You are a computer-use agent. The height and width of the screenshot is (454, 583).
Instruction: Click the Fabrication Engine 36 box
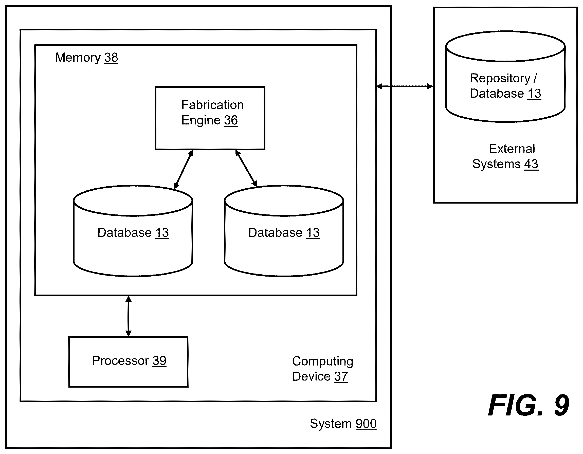[x=210, y=118]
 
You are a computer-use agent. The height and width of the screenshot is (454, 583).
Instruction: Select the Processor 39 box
[x=129, y=362]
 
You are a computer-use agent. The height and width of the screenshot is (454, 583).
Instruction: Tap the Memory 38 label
[x=86, y=58]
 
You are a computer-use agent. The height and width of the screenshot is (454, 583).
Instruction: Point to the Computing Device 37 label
[x=322, y=369]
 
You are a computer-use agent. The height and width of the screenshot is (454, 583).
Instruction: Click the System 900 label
[x=343, y=424]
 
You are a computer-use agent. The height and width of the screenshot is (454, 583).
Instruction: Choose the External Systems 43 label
[x=505, y=156]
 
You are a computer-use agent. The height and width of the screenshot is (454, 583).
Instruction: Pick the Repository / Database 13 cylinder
[x=505, y=77]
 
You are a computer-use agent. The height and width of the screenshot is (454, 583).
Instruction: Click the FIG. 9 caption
[x=528, y=405]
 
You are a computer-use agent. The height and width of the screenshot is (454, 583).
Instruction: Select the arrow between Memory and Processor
[x=129, y=316]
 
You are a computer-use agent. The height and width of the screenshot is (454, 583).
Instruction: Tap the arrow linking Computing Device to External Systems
[x=405, y=86]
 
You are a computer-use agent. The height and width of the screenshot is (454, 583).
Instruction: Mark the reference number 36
[x=231, y=120]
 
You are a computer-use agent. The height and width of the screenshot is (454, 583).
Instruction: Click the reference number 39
[x=159, y=361]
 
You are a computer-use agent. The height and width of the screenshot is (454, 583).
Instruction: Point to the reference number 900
[x=366, y=424]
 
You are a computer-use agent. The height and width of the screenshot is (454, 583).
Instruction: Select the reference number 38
[x=111, y=58]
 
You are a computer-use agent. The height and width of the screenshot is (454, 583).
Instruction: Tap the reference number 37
[x=341, y=377]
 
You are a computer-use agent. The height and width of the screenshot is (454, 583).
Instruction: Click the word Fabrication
[x=212, y=105]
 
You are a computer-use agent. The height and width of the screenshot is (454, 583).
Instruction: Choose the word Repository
[x=500, y=79]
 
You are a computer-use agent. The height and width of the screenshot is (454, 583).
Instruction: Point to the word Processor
[x=120, y=361]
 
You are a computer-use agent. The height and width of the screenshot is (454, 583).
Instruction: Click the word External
[x=512, y=149]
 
